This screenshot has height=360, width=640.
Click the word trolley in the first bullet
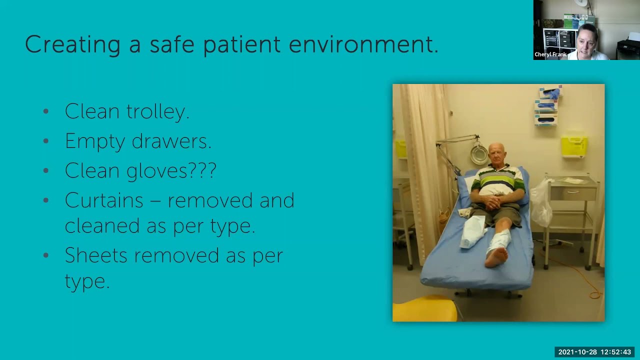click(x=157, y=111)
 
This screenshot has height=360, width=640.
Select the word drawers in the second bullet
click(x=171, y=141)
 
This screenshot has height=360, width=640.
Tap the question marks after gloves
click(x=202, y=170)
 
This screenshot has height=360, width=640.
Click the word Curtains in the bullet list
click(x=104, y=200)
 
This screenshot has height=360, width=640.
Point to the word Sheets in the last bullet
click(x=96, y=255)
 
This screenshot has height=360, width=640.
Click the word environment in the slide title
click(x=363, y=44)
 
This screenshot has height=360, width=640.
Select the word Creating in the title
click(x=72, y=44)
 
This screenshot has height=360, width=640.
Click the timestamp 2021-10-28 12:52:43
click(x=594, y=352)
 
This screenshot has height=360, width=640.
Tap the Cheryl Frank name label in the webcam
click(x=550, y=54)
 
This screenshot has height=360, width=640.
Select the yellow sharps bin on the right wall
click(x=573, y=145)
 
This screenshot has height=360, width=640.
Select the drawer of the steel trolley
click(x=573, y=192)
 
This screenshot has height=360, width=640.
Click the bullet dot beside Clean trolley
click(x=46, y=111)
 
